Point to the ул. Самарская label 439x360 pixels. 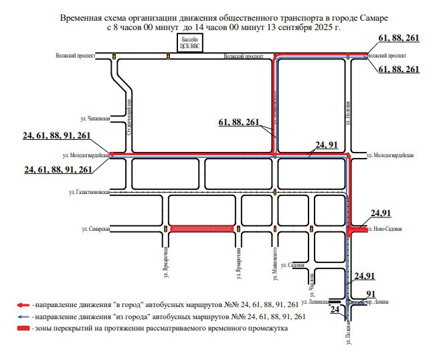[x=95, y=229]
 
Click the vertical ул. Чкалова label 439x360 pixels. [x=313, y=282]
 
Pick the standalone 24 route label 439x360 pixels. [x=336, y=310]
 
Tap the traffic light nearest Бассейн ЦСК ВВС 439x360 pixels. [x=168, y=56]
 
